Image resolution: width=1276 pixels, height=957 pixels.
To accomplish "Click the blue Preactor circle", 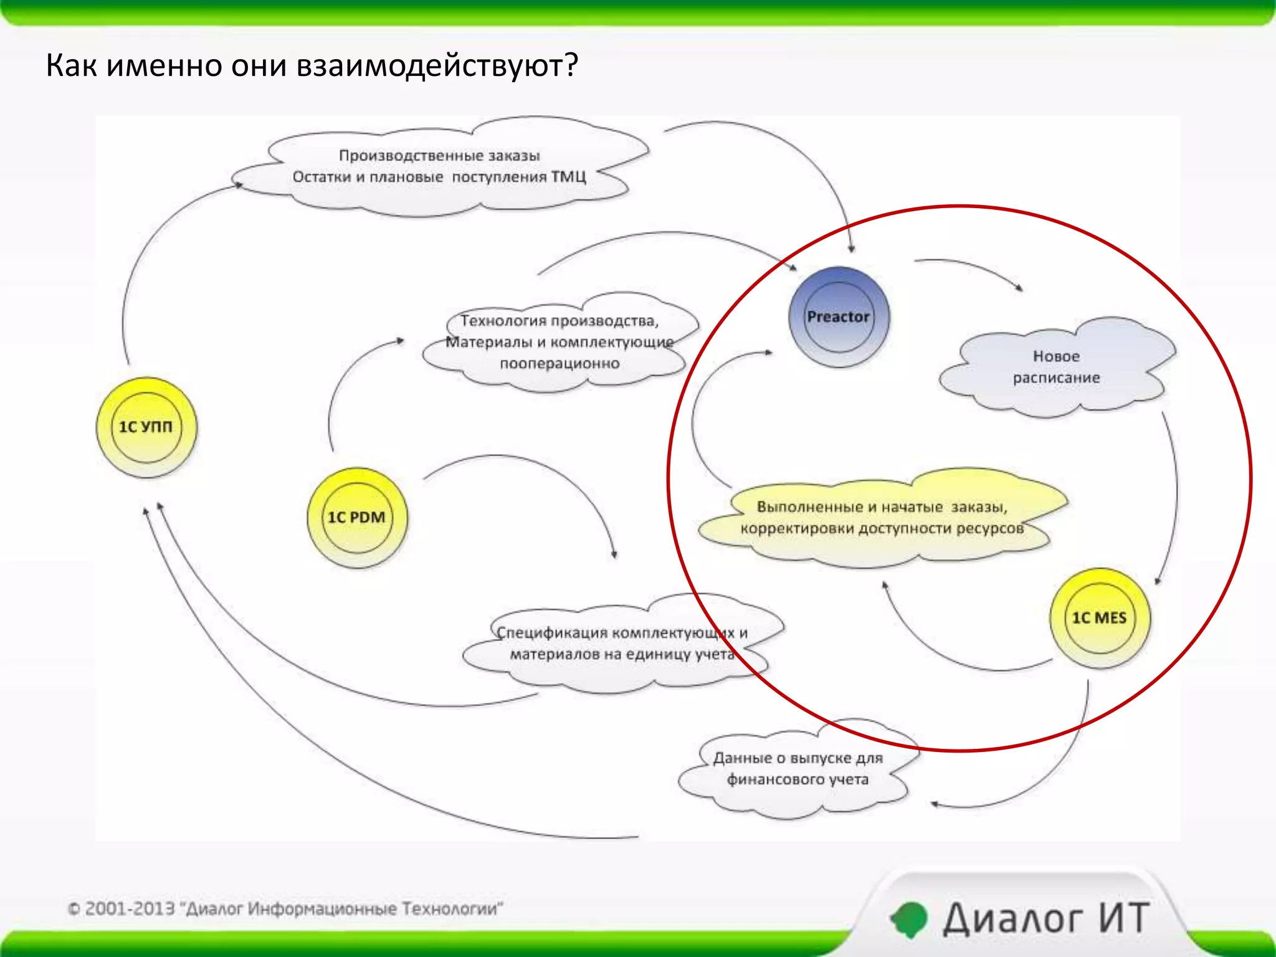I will (x=838, y=317).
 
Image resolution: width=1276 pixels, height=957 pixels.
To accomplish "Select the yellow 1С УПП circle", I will (x=146, y=427).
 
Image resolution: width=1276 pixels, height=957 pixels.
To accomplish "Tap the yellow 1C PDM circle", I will (x=356, y=517).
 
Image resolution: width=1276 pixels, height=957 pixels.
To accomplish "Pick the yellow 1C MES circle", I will (x=1099, y=617).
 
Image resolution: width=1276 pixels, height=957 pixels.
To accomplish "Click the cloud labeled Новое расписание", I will (x=1056, y=367).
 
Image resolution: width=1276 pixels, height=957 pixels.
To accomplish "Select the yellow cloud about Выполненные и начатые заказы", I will (x=881, y=517).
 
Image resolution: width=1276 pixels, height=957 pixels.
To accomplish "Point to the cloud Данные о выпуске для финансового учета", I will (x=797, y=769).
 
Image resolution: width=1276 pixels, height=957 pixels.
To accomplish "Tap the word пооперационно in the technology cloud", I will (x=559, y=363).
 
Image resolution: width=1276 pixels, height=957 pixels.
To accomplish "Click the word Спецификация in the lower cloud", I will (x=552, y=632).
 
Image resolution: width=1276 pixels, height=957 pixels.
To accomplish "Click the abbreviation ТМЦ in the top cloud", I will (x=568, y=177).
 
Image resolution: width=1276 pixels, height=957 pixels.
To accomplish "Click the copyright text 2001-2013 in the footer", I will (x=130, y=908).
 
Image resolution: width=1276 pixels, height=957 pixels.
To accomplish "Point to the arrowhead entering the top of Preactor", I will (x=851, y=249).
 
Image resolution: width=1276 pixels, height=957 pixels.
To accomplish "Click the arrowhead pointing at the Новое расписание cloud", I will (x=1019, y=288).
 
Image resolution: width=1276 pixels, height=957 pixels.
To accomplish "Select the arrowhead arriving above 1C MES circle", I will (x=1157, y=581).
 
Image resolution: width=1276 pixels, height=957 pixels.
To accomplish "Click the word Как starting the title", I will (x=71, y=65).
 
